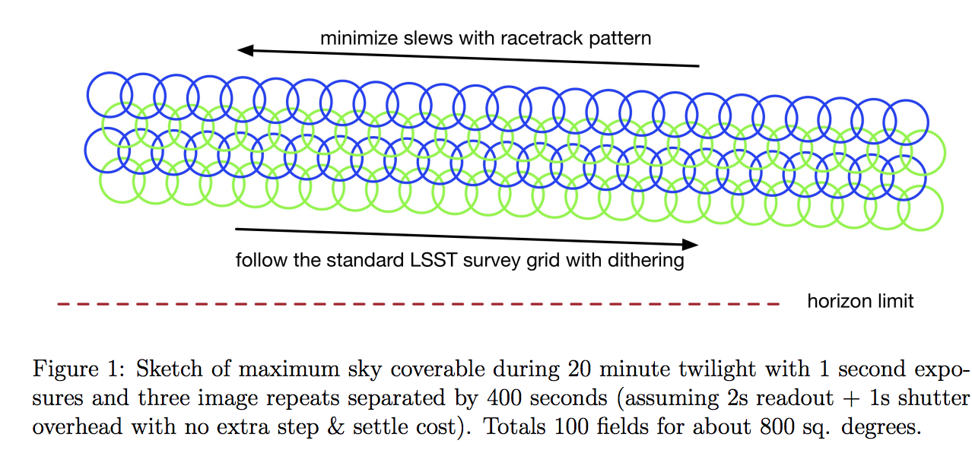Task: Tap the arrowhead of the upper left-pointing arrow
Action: [x=245, y=51]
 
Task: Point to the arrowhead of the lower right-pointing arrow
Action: [x=690, y=244]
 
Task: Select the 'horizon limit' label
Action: [x=860, y=301]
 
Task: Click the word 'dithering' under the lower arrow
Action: [x=645, y=261]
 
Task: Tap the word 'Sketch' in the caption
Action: [x=163, y=370]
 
